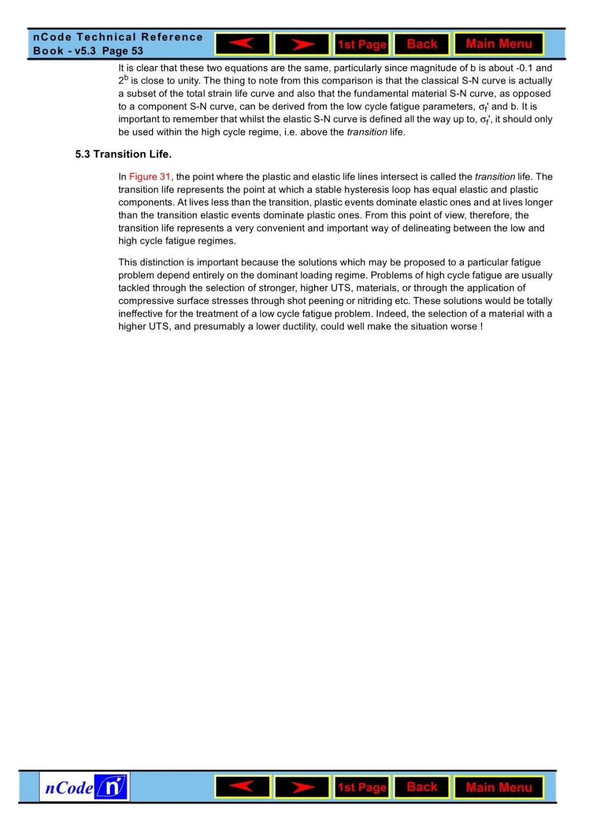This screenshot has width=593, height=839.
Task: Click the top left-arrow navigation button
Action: (243, 44)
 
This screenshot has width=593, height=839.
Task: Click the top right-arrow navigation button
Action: (302, 44)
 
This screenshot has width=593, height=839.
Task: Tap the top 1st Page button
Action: (362, 44)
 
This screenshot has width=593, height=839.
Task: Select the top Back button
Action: (422, 44)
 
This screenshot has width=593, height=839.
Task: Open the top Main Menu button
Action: (499, 44)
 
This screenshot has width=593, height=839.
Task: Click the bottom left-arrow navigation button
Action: (243, 787)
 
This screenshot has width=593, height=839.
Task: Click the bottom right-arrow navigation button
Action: (302, 787)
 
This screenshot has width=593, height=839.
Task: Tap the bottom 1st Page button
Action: (362, 787)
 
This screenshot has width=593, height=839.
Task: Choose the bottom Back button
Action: (422, 787)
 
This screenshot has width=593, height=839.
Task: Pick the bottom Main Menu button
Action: (499, 787)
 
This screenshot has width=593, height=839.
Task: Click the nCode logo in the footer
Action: (85, 787)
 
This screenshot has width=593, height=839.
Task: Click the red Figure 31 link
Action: (149, 177)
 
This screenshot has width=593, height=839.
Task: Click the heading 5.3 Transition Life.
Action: (123, 154)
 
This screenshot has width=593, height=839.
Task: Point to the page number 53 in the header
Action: (137, 51)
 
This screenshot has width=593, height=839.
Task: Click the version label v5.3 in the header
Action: (85, 51)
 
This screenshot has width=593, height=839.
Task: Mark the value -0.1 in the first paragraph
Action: (524, 68)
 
